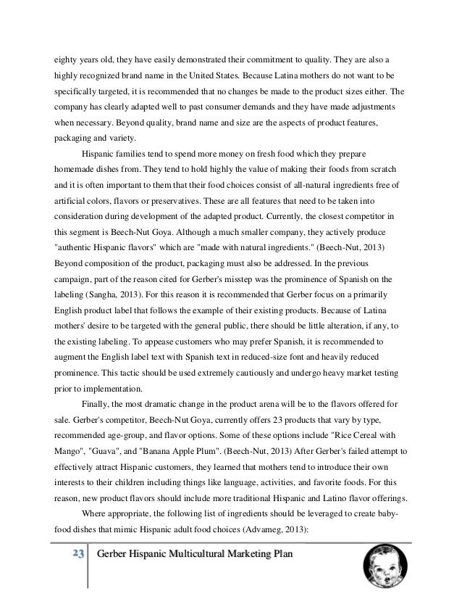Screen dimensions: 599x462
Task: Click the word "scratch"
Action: [387, 168]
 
